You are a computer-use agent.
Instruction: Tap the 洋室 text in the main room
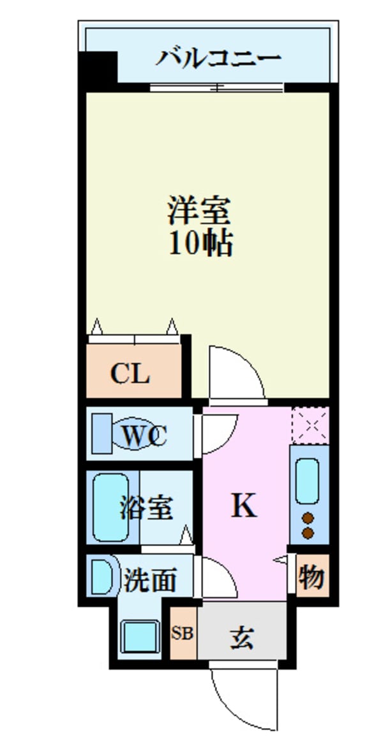click(199, 211)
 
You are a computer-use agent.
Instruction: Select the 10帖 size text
click(199, 243)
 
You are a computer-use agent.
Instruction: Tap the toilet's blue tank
click(100, 434)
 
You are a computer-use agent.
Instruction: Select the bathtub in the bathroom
click(110, 507)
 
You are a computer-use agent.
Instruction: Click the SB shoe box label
click(183, 635)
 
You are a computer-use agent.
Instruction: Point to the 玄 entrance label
click(241, 637)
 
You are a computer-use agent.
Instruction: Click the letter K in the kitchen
click(243, 506)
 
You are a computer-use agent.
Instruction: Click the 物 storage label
click(312, 577)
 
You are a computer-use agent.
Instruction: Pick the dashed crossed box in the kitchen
click(310, 425)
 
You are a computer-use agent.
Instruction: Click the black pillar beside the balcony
click(100, 66)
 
